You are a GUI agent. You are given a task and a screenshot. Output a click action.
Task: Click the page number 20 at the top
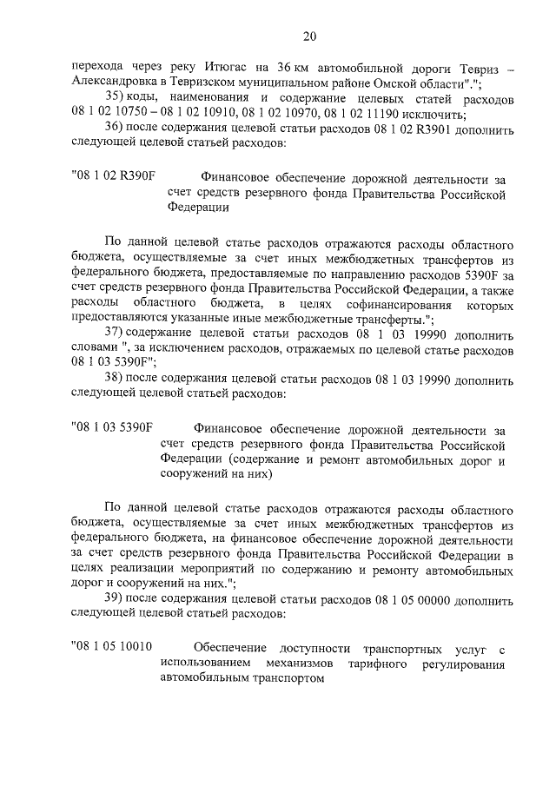tap(309, 36)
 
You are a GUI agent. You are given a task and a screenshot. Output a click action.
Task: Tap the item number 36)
tap(116, 129)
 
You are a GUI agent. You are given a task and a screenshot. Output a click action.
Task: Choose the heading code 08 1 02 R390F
tap(114, 176)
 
